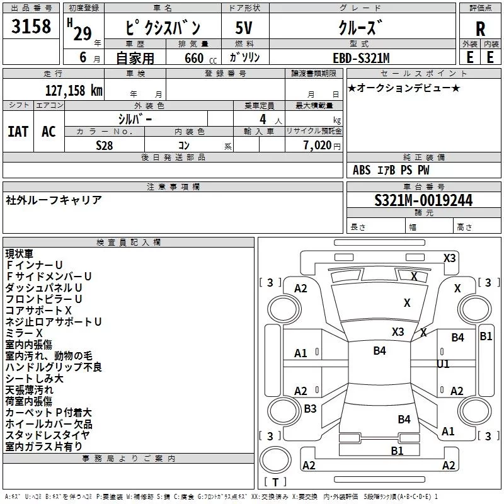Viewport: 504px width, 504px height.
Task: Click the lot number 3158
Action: [31, 27]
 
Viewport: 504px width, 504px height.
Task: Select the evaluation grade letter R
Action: [480, 28]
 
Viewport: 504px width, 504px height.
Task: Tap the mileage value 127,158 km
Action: [73, 89]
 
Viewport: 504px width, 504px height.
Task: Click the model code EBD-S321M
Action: [361, 58]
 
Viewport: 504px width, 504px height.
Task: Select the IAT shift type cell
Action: [18, 131]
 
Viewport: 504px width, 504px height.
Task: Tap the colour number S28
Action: [104, 145]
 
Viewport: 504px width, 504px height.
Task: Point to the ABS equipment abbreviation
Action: [362, 170]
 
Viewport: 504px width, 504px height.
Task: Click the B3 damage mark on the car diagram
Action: [310, 408]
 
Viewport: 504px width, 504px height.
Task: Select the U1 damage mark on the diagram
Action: [443, 364]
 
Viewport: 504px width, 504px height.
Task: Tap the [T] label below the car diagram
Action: [275, 483]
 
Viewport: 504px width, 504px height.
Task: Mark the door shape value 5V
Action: [245, 28]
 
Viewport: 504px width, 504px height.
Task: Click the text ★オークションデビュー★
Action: [404, 88]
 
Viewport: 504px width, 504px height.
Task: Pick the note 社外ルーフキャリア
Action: [54, 200]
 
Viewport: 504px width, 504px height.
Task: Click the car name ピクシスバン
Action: [163, 28]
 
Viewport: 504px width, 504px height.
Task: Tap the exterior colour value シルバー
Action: [135, 118]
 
